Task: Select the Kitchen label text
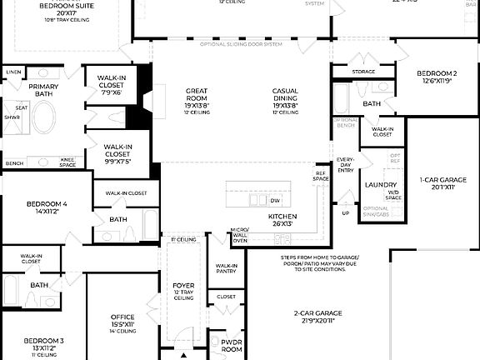(x=282, y=216)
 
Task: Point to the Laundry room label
(x=379, y=185)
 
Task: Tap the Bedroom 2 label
(x=437, y=73)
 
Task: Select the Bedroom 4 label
(x=46, y=204)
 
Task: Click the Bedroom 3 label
(x=43, y=341)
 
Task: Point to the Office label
(x=122, y=317)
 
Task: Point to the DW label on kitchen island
(x=275, y=201)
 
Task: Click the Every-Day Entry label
(x=346, y=163)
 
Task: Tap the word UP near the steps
(x=346, y=213)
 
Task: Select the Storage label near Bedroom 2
(x=363, y=72)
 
